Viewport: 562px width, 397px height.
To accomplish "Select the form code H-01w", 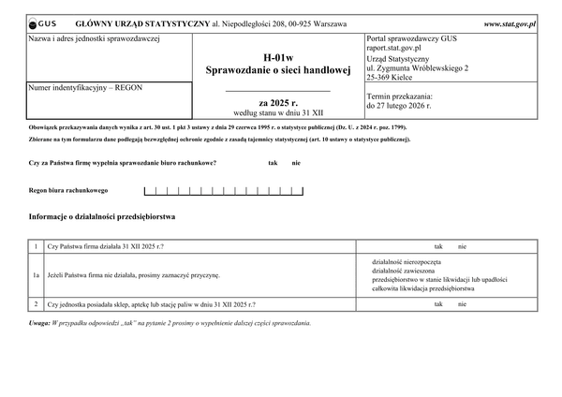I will [x=278, y=57].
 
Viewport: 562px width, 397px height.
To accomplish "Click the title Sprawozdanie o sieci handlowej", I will [x=278, y=70].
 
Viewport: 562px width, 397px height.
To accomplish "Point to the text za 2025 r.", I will [x=278, y=101].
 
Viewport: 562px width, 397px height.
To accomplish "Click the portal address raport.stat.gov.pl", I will [x=394, y=47].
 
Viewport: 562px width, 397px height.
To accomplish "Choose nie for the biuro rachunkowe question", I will [x=296, y=163].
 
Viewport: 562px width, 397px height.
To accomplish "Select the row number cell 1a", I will [x=36, y=276].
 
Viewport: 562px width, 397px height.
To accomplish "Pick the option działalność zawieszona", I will [x=408, y=270].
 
